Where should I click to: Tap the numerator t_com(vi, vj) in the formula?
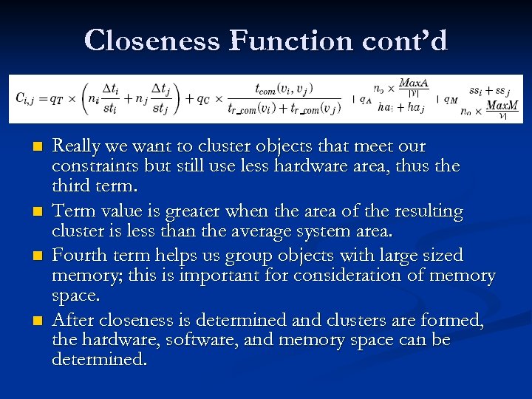tap(284, 88)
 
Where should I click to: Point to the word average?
tap(274, 232)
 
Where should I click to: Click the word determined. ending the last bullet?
tap(100, 361)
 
